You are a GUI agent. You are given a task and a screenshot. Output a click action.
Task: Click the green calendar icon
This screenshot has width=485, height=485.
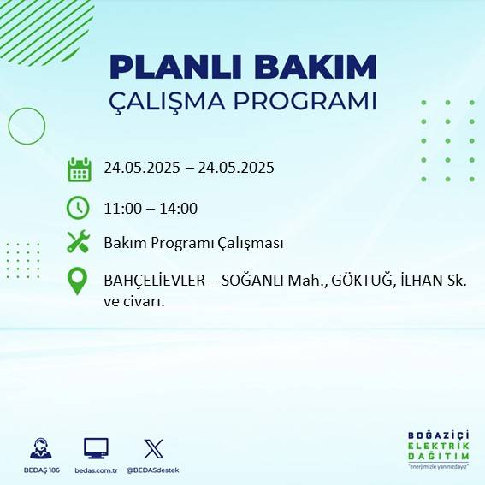[79, 169]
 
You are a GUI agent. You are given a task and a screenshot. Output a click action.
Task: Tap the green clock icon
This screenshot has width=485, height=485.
[78, 207]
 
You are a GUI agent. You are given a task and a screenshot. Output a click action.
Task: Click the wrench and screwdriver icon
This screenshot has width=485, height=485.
[78, 242]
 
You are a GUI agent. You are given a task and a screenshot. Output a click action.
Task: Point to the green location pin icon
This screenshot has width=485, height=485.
[78, 281]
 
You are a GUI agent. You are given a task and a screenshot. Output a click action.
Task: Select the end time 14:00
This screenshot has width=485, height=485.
[180, 208]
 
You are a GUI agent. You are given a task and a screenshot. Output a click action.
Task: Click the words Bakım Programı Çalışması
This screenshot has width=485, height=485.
[192, 243]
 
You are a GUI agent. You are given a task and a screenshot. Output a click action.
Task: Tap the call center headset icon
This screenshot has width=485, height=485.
[39, 448]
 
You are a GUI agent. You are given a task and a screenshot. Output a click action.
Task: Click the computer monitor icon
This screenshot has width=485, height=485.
[95, 447]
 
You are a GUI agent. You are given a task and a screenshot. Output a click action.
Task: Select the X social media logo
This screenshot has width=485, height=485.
[154, 447]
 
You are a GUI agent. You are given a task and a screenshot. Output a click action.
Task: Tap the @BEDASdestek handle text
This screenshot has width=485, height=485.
[153, 470]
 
